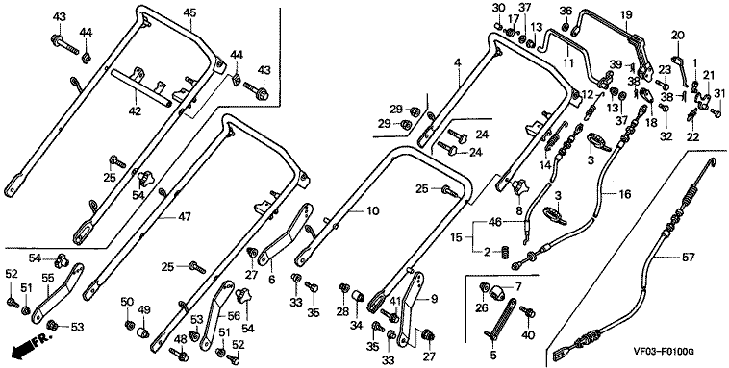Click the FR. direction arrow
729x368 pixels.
pyautogui.click(x=27, y=348)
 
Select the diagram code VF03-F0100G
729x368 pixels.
pyautogui.click(x=666, y=352)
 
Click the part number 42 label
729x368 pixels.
pyautogui.click(x=136, y=111)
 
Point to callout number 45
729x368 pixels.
pyautogui.click(x=189, y=12)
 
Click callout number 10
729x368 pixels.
pyautogui.click(x=373, y=211)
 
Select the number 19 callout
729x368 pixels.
pyautogui.click(x=626, y=14)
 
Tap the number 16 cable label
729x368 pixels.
pyautogui.click(x=625, y=194)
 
